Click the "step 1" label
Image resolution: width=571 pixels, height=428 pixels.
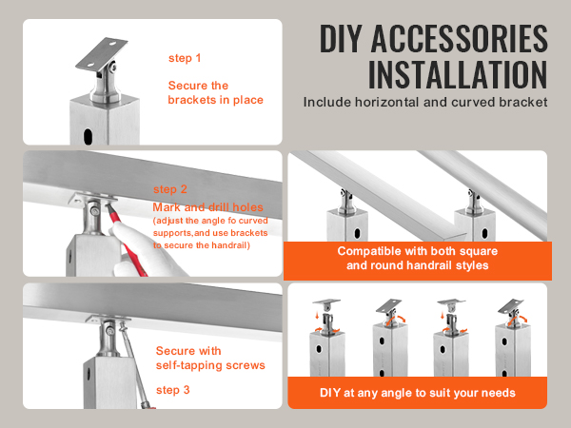coord(185,58)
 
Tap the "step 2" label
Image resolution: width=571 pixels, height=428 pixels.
coord(170,188)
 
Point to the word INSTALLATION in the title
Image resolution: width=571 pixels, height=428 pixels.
coord(458,73)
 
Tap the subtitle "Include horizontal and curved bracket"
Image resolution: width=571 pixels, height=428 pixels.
coord(425,101)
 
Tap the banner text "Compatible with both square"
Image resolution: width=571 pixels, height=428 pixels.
coord(418,252)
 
